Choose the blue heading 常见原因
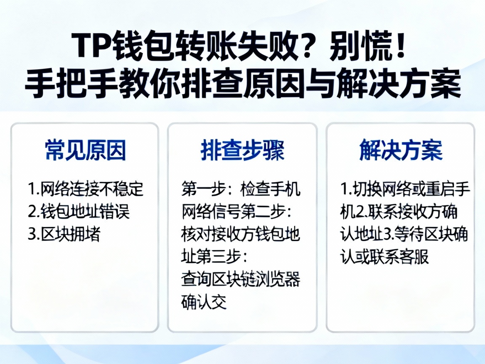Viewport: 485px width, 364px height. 85,150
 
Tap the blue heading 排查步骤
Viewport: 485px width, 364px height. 242,150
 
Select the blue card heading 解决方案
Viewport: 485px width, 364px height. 401,150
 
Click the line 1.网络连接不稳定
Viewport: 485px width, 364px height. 86,190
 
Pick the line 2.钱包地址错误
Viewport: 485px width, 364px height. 79,212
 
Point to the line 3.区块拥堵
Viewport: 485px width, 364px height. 64,234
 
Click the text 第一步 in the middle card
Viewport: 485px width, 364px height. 202,190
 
